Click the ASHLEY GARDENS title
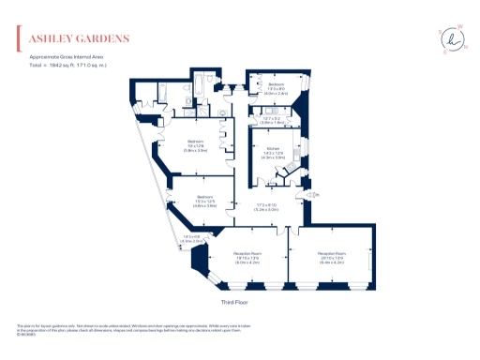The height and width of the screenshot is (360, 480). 80,39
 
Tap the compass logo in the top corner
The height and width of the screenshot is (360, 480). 453,38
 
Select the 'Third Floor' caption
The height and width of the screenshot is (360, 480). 239,302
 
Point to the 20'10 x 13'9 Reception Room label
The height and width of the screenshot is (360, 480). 334,256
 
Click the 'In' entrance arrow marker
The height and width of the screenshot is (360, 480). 317,194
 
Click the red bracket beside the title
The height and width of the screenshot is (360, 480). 21,39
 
